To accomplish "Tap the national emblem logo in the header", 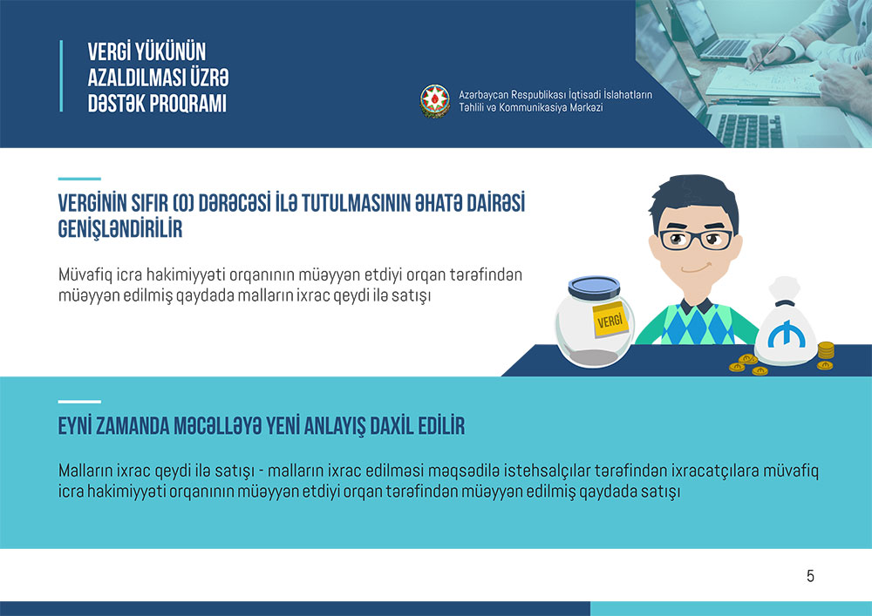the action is pyautogui.click(x=434, y=101).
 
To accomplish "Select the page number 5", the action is pyautogui.click(x=810, y=576).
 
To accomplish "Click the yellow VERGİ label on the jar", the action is pyautogui.click(x=610, y=320).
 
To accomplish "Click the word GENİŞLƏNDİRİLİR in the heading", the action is pyautogui.click(x=120, y=229).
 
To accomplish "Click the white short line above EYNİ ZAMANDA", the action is pyautogui.click(x=79, y=401).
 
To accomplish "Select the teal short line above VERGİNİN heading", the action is pyautogui.click(x=79, y=179).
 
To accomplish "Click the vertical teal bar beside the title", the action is pyautogui.click(x=61, y=76).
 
